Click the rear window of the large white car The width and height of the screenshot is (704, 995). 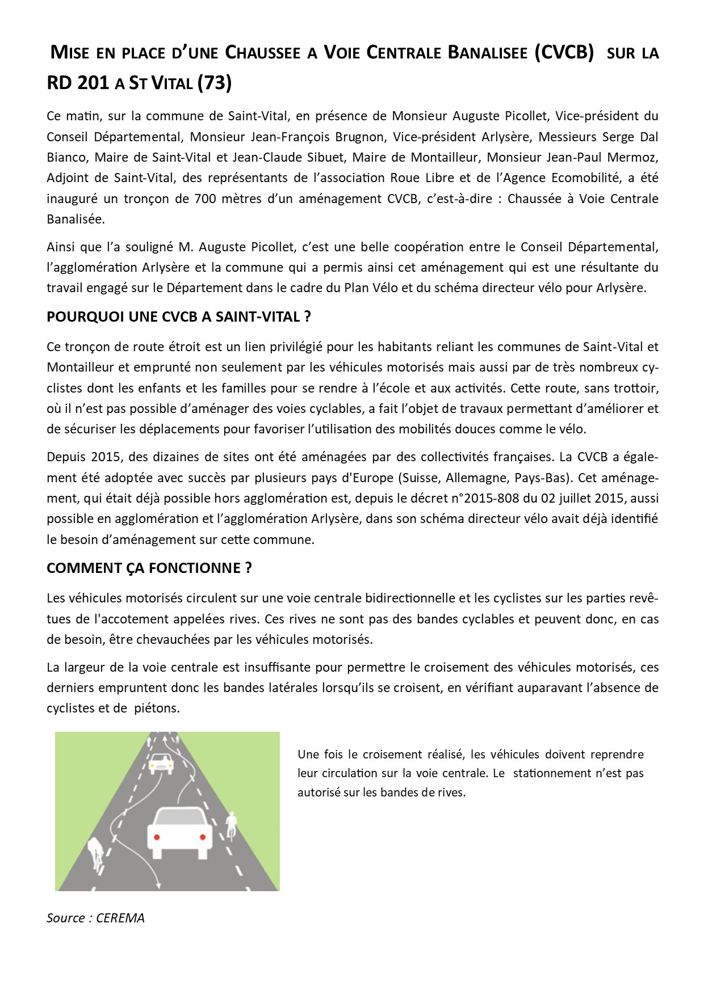tap(179, 816)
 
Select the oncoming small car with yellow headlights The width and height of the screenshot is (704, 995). tap(161, 764)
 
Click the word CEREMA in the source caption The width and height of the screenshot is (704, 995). tap(120, 918)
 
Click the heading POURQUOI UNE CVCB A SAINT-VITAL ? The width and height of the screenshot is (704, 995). tap(179, 317)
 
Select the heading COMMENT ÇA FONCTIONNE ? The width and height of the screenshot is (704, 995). tap(149, 568)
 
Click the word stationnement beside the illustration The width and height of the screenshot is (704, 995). tap(558, 773)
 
